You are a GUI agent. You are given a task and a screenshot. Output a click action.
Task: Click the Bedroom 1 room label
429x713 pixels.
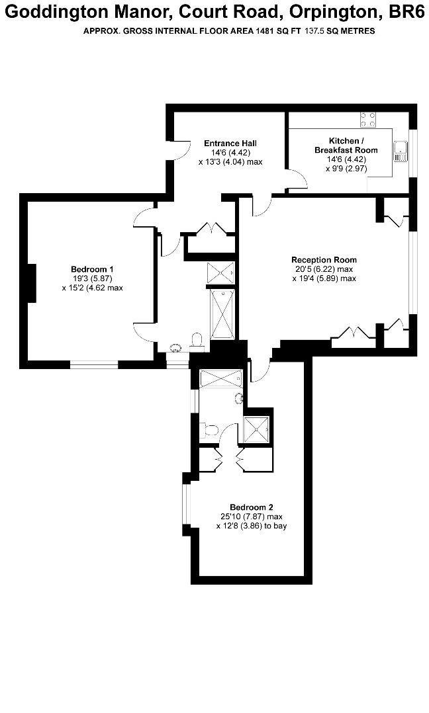[x=92, y=269]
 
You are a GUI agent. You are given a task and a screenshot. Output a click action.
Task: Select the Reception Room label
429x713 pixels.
[x=324, y=260]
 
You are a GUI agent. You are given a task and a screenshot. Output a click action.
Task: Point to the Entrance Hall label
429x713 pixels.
[x=230, y=144]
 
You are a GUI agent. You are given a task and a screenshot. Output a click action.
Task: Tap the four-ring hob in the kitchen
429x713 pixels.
[x=368, y=120]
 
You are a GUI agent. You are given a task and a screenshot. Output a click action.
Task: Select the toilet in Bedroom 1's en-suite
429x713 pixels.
[x=197, y=341]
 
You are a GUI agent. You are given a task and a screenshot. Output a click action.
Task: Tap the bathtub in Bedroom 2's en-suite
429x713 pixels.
[x=222, y=378]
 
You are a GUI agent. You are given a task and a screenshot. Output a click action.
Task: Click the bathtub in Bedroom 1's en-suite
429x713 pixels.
[x=222, y=314]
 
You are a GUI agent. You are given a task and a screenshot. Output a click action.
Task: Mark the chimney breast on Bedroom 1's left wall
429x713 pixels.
[x=31, y=283]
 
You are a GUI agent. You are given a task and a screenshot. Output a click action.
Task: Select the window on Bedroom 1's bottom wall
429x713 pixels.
[x=94, y=363]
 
